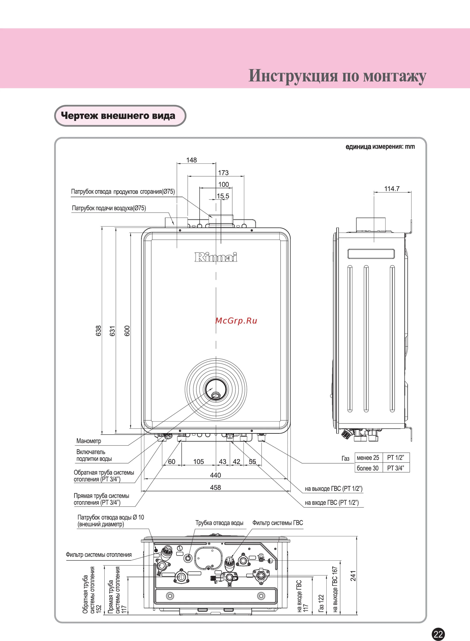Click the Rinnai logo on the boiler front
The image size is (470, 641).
coord(216,257)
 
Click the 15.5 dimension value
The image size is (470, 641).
coord(223,196)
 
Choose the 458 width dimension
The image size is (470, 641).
coord(215,487)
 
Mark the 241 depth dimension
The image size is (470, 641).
coord(353,576)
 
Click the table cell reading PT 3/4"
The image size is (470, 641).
coord(396,468)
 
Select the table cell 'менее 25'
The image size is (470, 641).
coord(368,458)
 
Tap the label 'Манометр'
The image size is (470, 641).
coord(89,441)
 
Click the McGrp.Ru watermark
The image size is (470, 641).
coord(236,321)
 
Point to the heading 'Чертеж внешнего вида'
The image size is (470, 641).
coord(118,116)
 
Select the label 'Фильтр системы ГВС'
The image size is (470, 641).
coord(278,523)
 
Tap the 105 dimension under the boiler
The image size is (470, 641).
coord(199,462)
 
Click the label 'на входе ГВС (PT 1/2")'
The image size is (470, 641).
coord(332,503)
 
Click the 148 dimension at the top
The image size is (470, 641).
coord(191,160)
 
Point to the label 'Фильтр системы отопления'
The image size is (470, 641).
coord(99,554)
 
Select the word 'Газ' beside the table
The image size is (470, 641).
coord(345,459)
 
